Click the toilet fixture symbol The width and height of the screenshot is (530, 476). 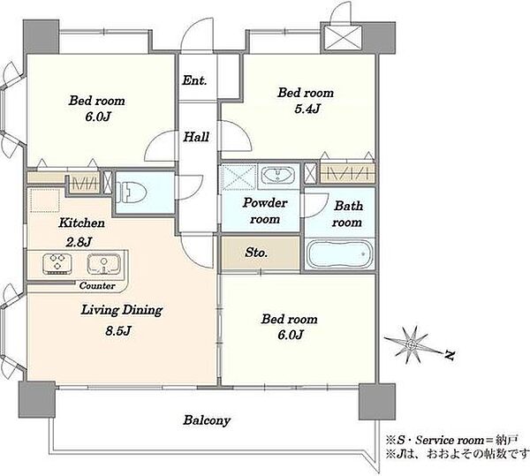[131, 192]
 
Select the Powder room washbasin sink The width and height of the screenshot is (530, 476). [278, 175]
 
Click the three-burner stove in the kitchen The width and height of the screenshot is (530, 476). [57, 263]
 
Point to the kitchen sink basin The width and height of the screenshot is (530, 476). [103, 263]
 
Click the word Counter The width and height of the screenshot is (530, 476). [97, 286]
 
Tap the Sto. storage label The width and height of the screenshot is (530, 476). [256, 253]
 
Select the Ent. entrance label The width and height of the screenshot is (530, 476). [194, 80]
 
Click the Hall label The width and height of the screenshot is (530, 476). [196, 137]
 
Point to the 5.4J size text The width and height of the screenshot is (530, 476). [307, 109]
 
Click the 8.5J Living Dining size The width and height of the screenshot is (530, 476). [118, 330]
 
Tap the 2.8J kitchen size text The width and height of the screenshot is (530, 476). [79, 242]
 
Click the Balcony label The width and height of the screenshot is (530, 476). [207, 420]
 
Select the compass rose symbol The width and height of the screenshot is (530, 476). [412, 344]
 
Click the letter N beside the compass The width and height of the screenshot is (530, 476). [450, 355]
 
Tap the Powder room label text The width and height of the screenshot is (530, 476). [265, 211]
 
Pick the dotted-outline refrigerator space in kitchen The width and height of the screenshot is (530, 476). [45, 200]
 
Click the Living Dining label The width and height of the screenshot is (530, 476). [122, 310]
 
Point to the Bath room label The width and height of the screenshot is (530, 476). [347, 214]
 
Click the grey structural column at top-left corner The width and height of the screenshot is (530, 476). [42, 36]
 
